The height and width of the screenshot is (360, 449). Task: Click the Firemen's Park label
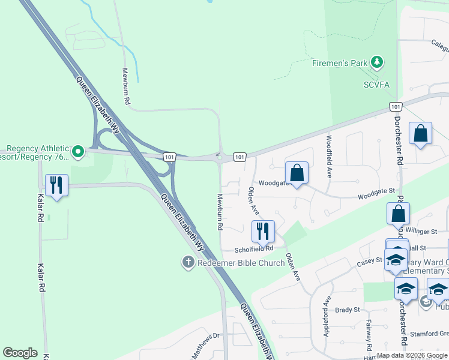(340, 62)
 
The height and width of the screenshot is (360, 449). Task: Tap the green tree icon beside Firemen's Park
(377, 62)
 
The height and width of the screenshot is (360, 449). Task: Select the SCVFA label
(377, 85)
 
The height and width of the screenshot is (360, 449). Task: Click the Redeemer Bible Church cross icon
(188, 262)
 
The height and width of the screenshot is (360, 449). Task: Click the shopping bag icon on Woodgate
(297, 173)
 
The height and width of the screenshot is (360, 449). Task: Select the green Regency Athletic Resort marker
(77, 152)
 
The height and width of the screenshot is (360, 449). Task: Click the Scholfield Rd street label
(254, 248)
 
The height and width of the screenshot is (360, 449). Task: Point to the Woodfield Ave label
(329, 156)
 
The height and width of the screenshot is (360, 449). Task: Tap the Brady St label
(347, 310)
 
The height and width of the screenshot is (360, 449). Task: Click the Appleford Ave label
(328, 316)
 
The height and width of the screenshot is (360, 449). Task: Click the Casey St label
(369, 260)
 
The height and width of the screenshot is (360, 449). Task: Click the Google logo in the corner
(20, 353)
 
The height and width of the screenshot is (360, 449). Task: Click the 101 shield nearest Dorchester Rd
(394, 106)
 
